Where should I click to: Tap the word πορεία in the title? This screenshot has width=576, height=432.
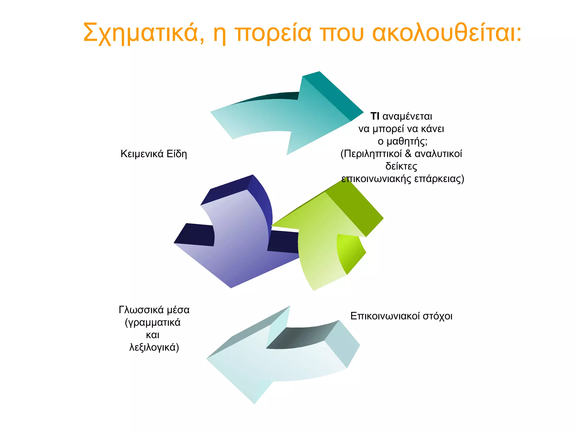tap(273, 33)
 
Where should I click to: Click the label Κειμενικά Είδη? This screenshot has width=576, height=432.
tap(154, 154)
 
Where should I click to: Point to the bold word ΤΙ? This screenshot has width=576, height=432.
tap(375, 116)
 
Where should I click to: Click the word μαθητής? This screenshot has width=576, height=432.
tap(407, 141)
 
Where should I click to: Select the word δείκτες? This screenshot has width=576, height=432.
tap(401, 166)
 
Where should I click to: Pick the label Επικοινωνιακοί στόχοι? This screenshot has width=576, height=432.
tap(401, 316)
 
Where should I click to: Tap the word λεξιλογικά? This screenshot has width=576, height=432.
tap(154, 347)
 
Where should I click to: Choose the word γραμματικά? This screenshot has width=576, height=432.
tap(153, 322)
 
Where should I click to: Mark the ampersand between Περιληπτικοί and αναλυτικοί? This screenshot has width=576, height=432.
tap(408, 154)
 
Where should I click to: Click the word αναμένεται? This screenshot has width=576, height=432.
tap(407, 116)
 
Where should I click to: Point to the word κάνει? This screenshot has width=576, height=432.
tap(433, 129)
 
